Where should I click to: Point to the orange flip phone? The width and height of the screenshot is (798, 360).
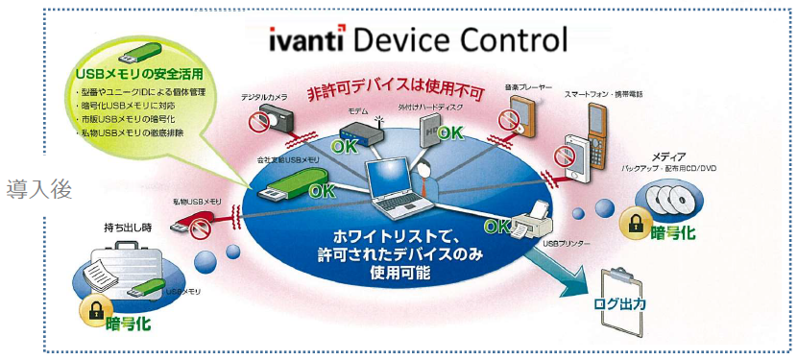pyautogui.click(x=593, y=133)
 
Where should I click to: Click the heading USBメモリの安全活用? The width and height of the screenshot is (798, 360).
pyautogui.click(x=131, y=74)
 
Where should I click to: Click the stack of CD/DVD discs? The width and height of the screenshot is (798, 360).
pyautogui.click(x=673, y=199)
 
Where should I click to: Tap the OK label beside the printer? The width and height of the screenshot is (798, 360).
pyautogui.click(x=497, y=227)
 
